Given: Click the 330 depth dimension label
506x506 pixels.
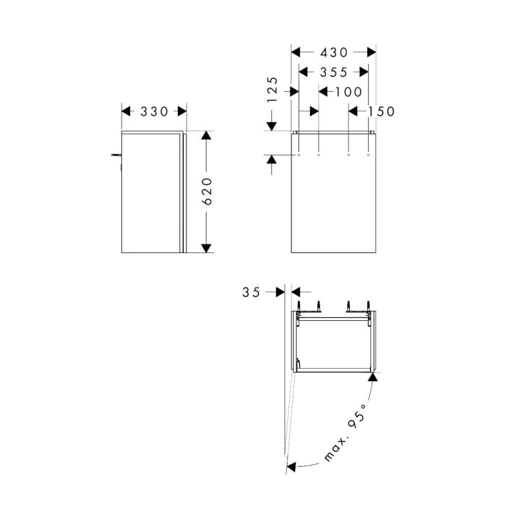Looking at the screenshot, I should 154,111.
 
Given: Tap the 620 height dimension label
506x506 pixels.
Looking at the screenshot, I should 207,192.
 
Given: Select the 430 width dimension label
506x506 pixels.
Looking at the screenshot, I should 334,52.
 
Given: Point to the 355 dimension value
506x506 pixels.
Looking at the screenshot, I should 333,72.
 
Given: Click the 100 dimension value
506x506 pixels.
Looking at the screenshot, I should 348,91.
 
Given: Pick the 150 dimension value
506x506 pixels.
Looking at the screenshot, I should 381,111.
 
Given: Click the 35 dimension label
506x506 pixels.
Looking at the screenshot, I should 251,292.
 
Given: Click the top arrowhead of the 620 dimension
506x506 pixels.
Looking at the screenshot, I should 207,136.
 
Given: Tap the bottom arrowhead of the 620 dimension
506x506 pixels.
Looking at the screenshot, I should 207,248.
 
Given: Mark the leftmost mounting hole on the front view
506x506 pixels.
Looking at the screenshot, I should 299,155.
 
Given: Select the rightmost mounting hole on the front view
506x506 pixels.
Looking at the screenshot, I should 369,155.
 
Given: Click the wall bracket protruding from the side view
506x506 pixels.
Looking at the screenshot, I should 116,155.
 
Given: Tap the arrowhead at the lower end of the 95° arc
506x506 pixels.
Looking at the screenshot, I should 292,466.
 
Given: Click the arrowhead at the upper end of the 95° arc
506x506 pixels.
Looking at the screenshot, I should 373,377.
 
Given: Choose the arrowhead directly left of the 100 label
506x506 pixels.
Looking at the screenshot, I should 323,91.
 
